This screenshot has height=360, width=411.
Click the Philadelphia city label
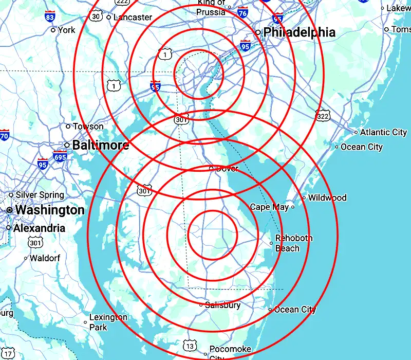coord(299,32)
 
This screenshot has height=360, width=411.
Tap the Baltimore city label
coord(100,145)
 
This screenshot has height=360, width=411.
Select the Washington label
coord(49,210)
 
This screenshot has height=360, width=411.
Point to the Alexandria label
coord(39,228)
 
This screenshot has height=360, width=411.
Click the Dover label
coord(227,168)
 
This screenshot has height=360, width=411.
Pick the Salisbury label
coord(222,305)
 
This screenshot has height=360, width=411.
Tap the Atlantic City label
coord(383,132)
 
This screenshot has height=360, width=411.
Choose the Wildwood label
coord(327,197)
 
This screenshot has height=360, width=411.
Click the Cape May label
coord(269,207)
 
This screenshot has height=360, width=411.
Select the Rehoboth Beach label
coord(294,243)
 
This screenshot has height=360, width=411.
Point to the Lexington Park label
coord(108,322)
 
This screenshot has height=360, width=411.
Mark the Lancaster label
coord(133,17)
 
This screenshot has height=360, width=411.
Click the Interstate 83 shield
coord(50,16)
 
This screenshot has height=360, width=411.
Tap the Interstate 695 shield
coord(60,156)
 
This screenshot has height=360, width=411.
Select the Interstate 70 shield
coord(4,136)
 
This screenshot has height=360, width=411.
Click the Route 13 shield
coord(190,345)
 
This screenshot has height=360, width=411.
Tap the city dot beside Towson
coord(68,126)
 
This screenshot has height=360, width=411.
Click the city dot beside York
coord(53,30)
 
